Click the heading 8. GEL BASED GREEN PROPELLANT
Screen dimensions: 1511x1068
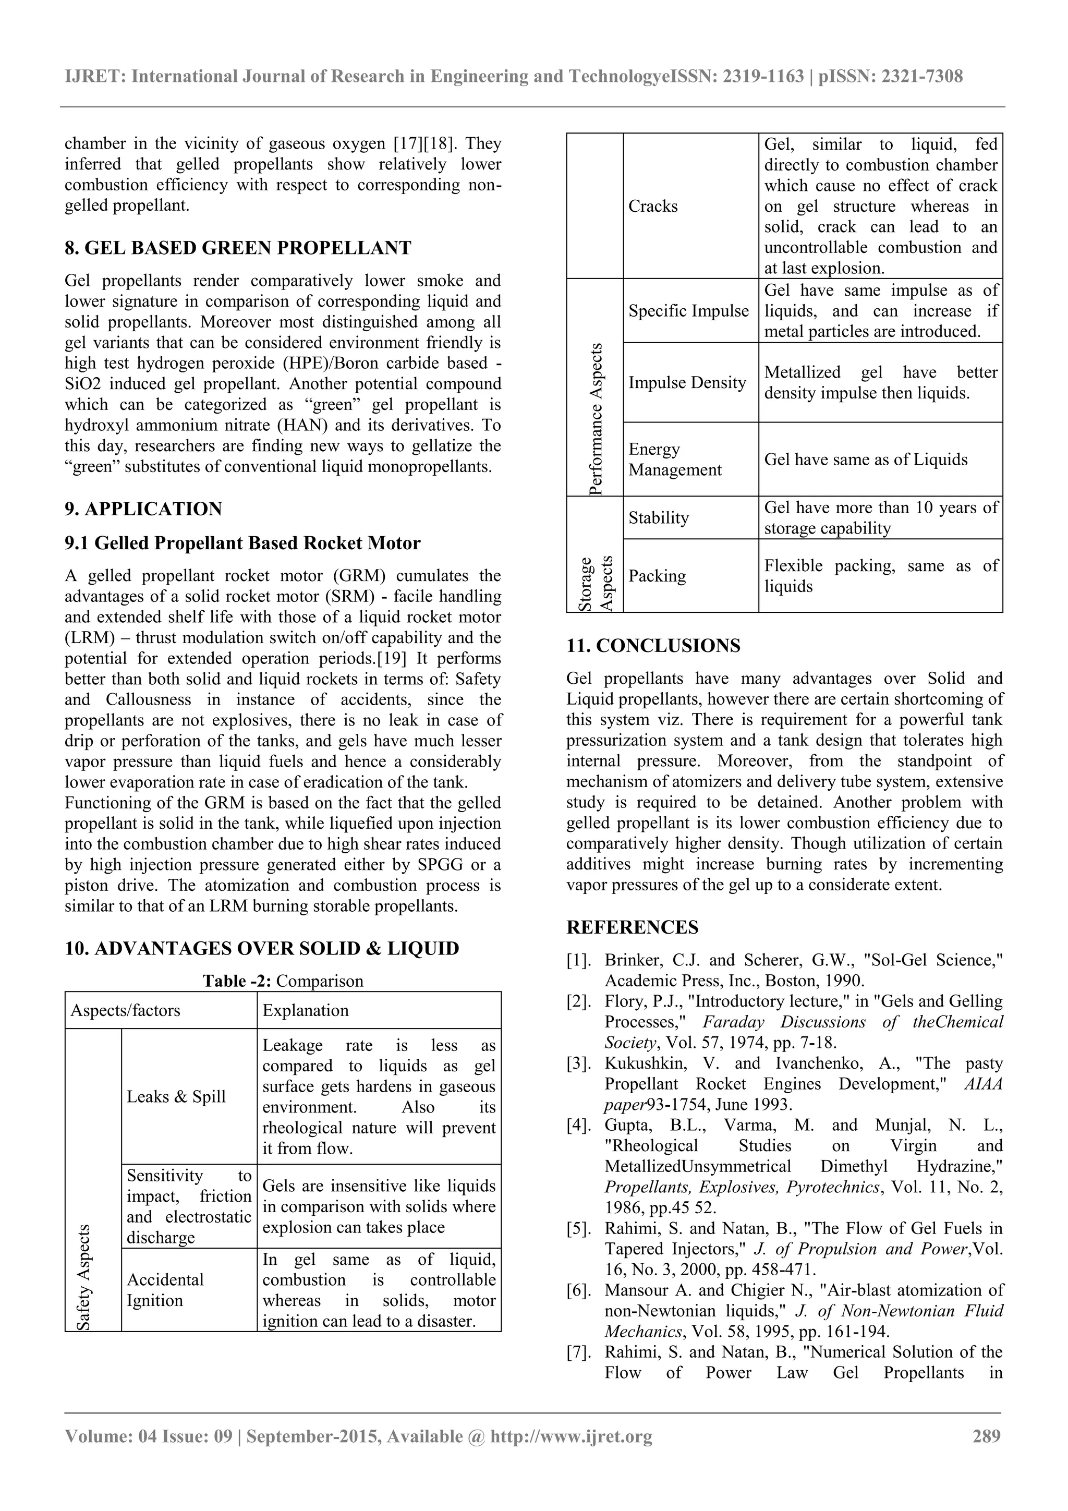pyautogui.click(x=238, y=248)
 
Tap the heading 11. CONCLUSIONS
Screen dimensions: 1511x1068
pyautogui.click(x=653, y=646)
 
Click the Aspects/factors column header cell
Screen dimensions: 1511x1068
pyautogui.click(x=125, y=1010)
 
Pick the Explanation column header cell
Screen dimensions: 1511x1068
pyautogui.click(x=306, y=1010)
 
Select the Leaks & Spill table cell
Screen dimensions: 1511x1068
pyautogui.click(x=176, y=1096)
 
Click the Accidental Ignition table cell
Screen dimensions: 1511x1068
pyautogui.click(x=165, y=1290)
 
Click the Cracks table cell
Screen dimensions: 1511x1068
pyautogui.click(x=653, y=206)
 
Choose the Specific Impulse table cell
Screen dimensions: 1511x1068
pyautogui.click(x=688, y=311)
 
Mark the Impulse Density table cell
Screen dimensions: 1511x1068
pyautogui.click(x=687, y=382)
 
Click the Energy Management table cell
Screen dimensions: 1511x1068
pyautogui.click(x=674, y=460)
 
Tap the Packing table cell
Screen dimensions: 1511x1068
pyautogui.click(x=657, y=576)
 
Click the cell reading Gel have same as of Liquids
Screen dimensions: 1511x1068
pyautogui.click(x=865, y=460)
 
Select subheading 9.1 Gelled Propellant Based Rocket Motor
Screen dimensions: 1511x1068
pyautogui.click(x=242, y=543)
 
